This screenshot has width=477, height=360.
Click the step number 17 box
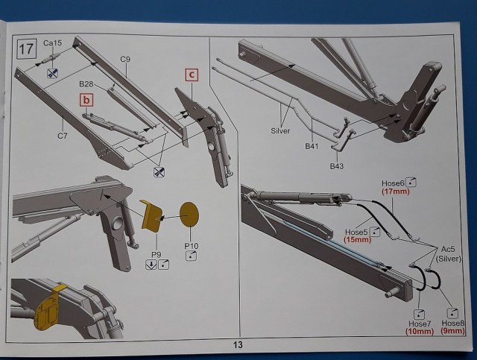pyautogui.click(x=28, y=50)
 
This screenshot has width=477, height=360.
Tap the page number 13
pyautogui.click(x=238, y=344)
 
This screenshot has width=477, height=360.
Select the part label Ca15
pyautogui.click(x=52, y=43)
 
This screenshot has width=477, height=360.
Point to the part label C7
pyautogui.click(x=63, y=136)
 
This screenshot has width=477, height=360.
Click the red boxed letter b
pyautogui.click(x=87, y=99)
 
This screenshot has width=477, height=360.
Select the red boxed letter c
pyautogui.click(x=192, y=74)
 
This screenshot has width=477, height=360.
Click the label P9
pyautogui.click(x=157, y=253)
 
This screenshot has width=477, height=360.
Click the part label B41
pyautogui.click(x=311, y=147)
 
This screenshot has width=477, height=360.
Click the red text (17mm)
pyautogui.click(x=397, y=192)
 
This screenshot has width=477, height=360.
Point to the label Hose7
pyautogui.click(x=420, y=323)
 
